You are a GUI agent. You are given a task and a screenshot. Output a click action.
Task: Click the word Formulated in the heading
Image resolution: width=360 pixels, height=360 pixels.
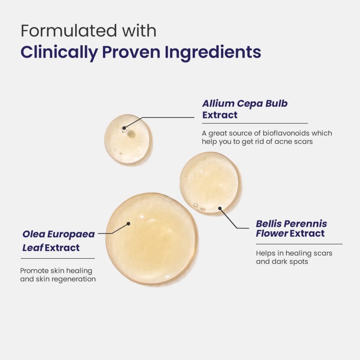69,31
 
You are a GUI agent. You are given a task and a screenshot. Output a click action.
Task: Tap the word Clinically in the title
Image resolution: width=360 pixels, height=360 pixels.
59,53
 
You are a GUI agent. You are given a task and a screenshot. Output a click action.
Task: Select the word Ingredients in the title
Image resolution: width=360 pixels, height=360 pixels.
213,53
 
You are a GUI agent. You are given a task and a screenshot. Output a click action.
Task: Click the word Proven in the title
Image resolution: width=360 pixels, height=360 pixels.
131,52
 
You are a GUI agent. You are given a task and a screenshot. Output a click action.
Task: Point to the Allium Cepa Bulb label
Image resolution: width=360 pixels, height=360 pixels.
245,103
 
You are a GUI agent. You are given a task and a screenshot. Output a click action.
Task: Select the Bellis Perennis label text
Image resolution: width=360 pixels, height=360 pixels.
291,224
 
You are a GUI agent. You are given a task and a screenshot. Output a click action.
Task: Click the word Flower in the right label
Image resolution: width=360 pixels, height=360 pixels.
272,234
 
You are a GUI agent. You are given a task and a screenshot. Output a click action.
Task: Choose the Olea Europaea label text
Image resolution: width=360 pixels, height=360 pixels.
58,234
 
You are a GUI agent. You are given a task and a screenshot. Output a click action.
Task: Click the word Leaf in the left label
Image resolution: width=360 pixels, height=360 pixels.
32,248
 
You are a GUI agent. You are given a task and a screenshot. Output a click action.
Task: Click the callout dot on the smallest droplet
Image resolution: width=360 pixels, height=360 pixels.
124,128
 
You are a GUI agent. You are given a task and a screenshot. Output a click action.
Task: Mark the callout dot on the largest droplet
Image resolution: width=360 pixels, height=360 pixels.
128,224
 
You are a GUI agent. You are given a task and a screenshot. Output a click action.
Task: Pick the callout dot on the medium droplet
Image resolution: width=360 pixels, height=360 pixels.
220,208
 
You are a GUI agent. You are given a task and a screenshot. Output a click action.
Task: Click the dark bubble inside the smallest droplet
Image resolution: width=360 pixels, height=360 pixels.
131,134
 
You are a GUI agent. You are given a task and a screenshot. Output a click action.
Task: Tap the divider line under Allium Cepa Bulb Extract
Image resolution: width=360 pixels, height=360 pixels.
255,123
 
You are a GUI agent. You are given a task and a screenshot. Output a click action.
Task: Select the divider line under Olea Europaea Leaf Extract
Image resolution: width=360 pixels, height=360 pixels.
58,258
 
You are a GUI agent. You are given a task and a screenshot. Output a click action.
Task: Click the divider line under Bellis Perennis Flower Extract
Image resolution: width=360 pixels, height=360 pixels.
299,244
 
